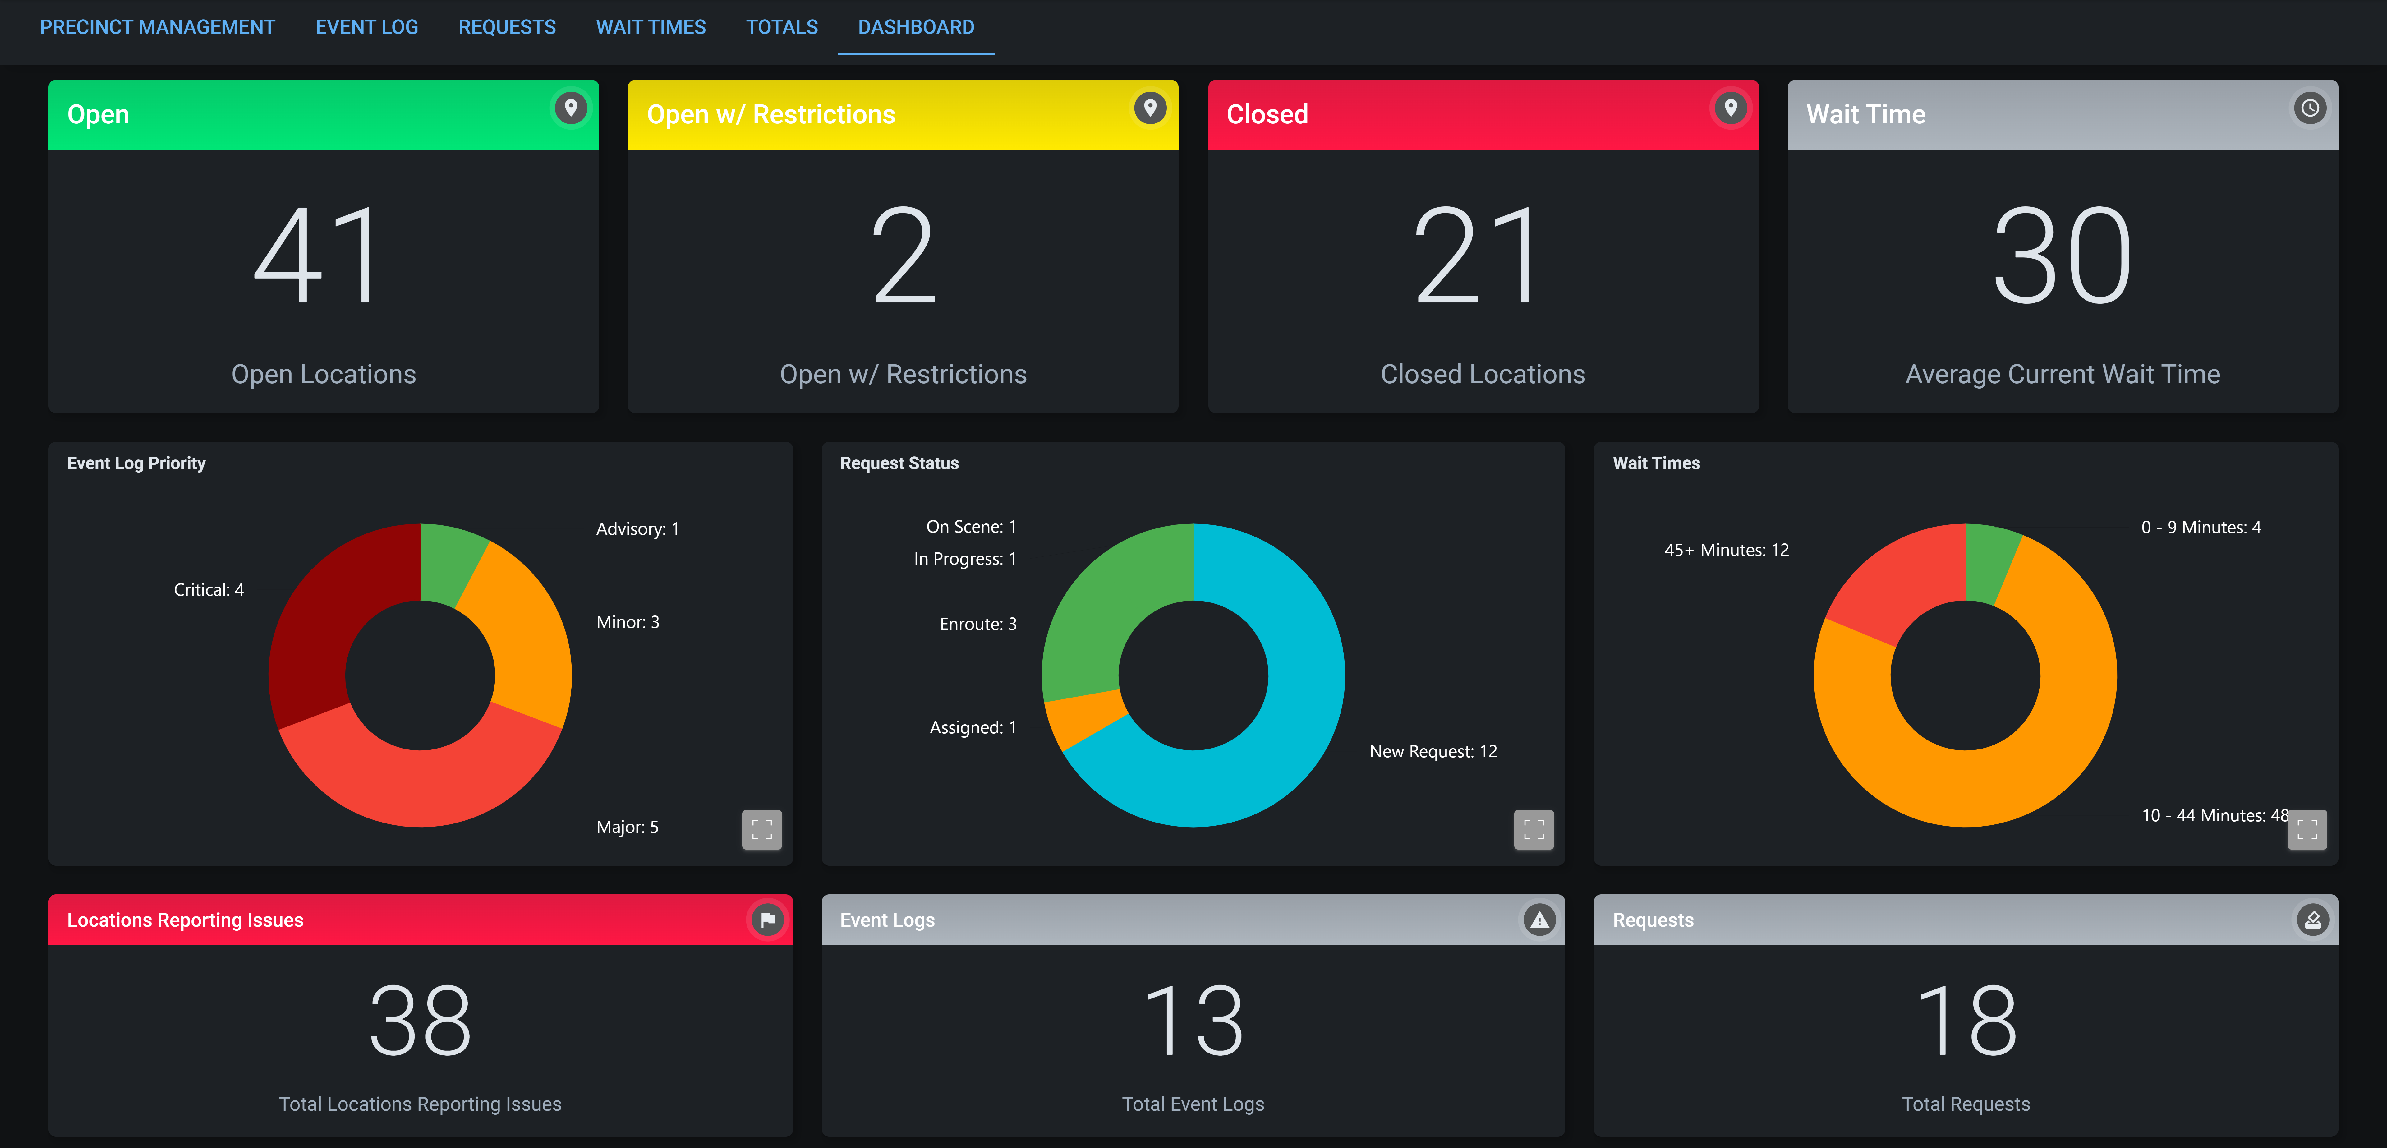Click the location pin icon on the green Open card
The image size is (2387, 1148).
[x=571, y=108]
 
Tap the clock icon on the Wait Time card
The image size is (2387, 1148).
[x=2309, y=108]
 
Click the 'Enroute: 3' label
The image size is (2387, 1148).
[x=977, y=624]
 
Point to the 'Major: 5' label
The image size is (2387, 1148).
[x=627, y=827]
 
